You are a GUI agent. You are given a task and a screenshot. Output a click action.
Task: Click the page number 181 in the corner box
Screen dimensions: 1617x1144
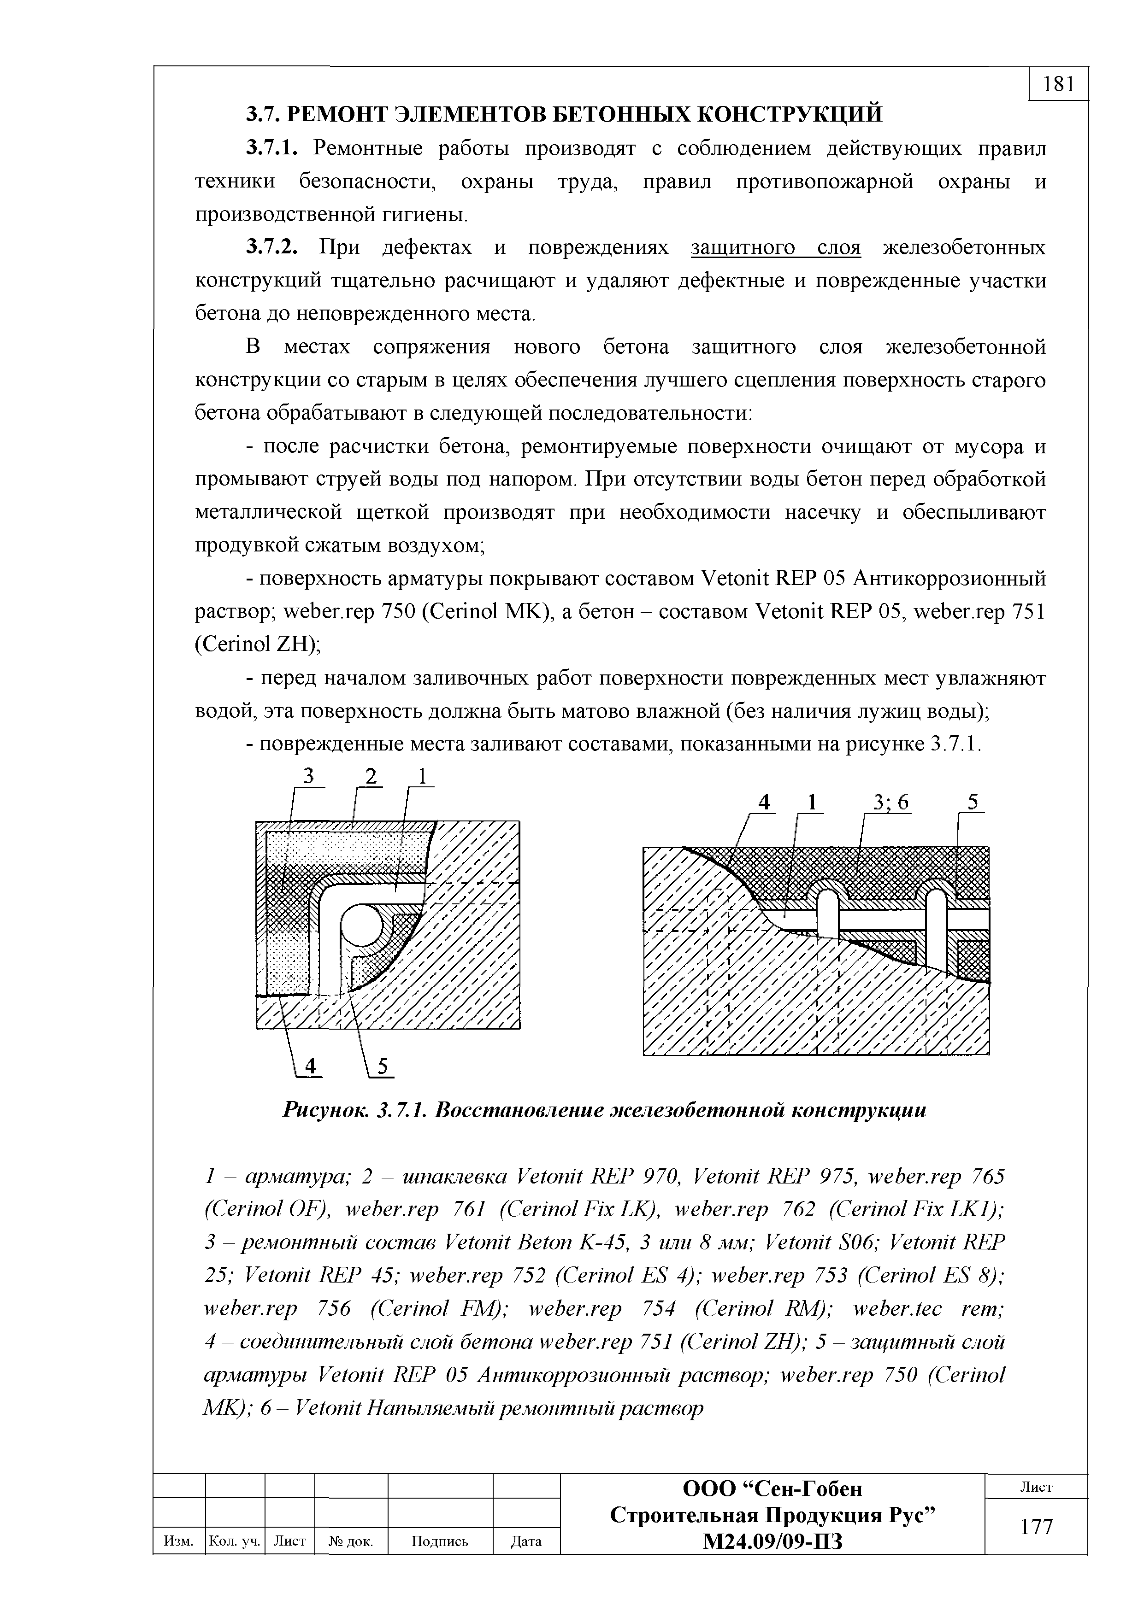coord(1058,84)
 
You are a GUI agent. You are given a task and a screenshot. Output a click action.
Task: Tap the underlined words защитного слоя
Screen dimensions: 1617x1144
coord(776,248)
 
